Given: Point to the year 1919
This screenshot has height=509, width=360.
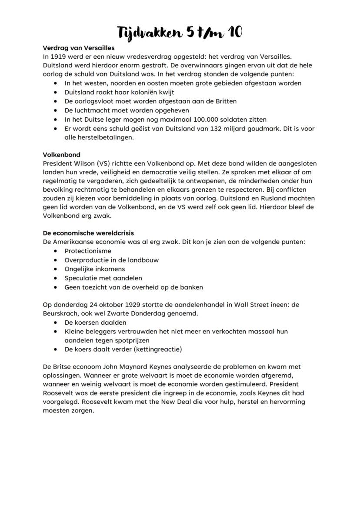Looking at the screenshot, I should [59, 57].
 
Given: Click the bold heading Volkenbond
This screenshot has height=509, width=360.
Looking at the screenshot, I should [61, 154].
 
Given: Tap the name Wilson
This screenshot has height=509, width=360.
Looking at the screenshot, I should [85, 163].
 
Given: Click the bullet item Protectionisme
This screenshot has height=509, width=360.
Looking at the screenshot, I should [88, 251].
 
